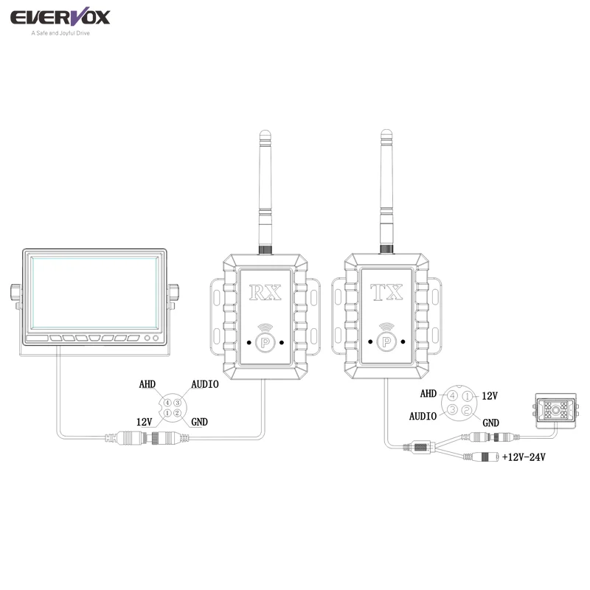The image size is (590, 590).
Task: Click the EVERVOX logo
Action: click(60, 17)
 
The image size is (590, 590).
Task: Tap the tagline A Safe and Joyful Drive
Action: click(60, 33)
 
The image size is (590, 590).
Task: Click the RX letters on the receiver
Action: click(265, 292)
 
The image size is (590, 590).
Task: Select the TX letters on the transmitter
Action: click(386, 292)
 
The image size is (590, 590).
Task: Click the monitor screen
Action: click(94, 293)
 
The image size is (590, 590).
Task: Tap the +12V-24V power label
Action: click(524, 457)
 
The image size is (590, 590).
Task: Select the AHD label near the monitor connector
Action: click(147, 384)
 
